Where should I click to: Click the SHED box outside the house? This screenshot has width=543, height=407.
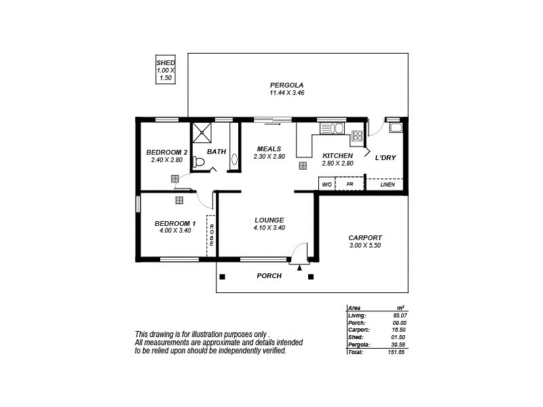(x=166, y=70)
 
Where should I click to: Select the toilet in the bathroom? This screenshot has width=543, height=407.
(x=198, y=161)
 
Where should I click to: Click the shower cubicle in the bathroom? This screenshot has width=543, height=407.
(x=202, y=132)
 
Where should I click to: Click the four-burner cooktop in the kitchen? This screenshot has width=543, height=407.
(x=357, y=134)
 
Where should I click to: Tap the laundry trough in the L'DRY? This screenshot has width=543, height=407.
(x=396, y=127)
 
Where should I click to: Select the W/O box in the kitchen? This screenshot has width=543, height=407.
(x=326, y=185)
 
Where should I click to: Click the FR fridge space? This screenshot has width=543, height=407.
(x=350, y=185)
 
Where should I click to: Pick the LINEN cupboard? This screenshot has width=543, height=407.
(x=387, y=185)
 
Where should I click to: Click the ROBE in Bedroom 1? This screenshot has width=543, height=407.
(x=211, y=235)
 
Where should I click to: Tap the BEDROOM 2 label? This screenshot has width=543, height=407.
(x=167, y=152)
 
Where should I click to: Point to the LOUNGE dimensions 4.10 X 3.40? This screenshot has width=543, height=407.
(x=269, y=228)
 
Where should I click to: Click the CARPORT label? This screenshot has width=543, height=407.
(x=365, y=237)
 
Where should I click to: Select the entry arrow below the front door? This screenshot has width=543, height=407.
(x=299, y=268)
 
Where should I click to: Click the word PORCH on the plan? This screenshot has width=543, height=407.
(x=269, y=276)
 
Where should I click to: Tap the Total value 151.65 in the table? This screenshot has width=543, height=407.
(x=397, y=352)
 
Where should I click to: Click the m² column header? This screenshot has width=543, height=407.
(x=400, y=308)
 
